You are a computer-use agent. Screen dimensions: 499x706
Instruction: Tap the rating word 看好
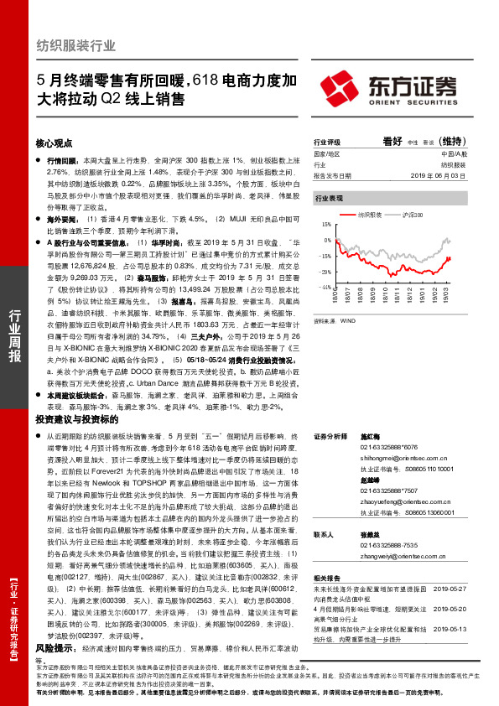[x=392, y=143]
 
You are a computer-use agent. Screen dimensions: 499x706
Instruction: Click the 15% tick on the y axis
[x=325, y=225]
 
